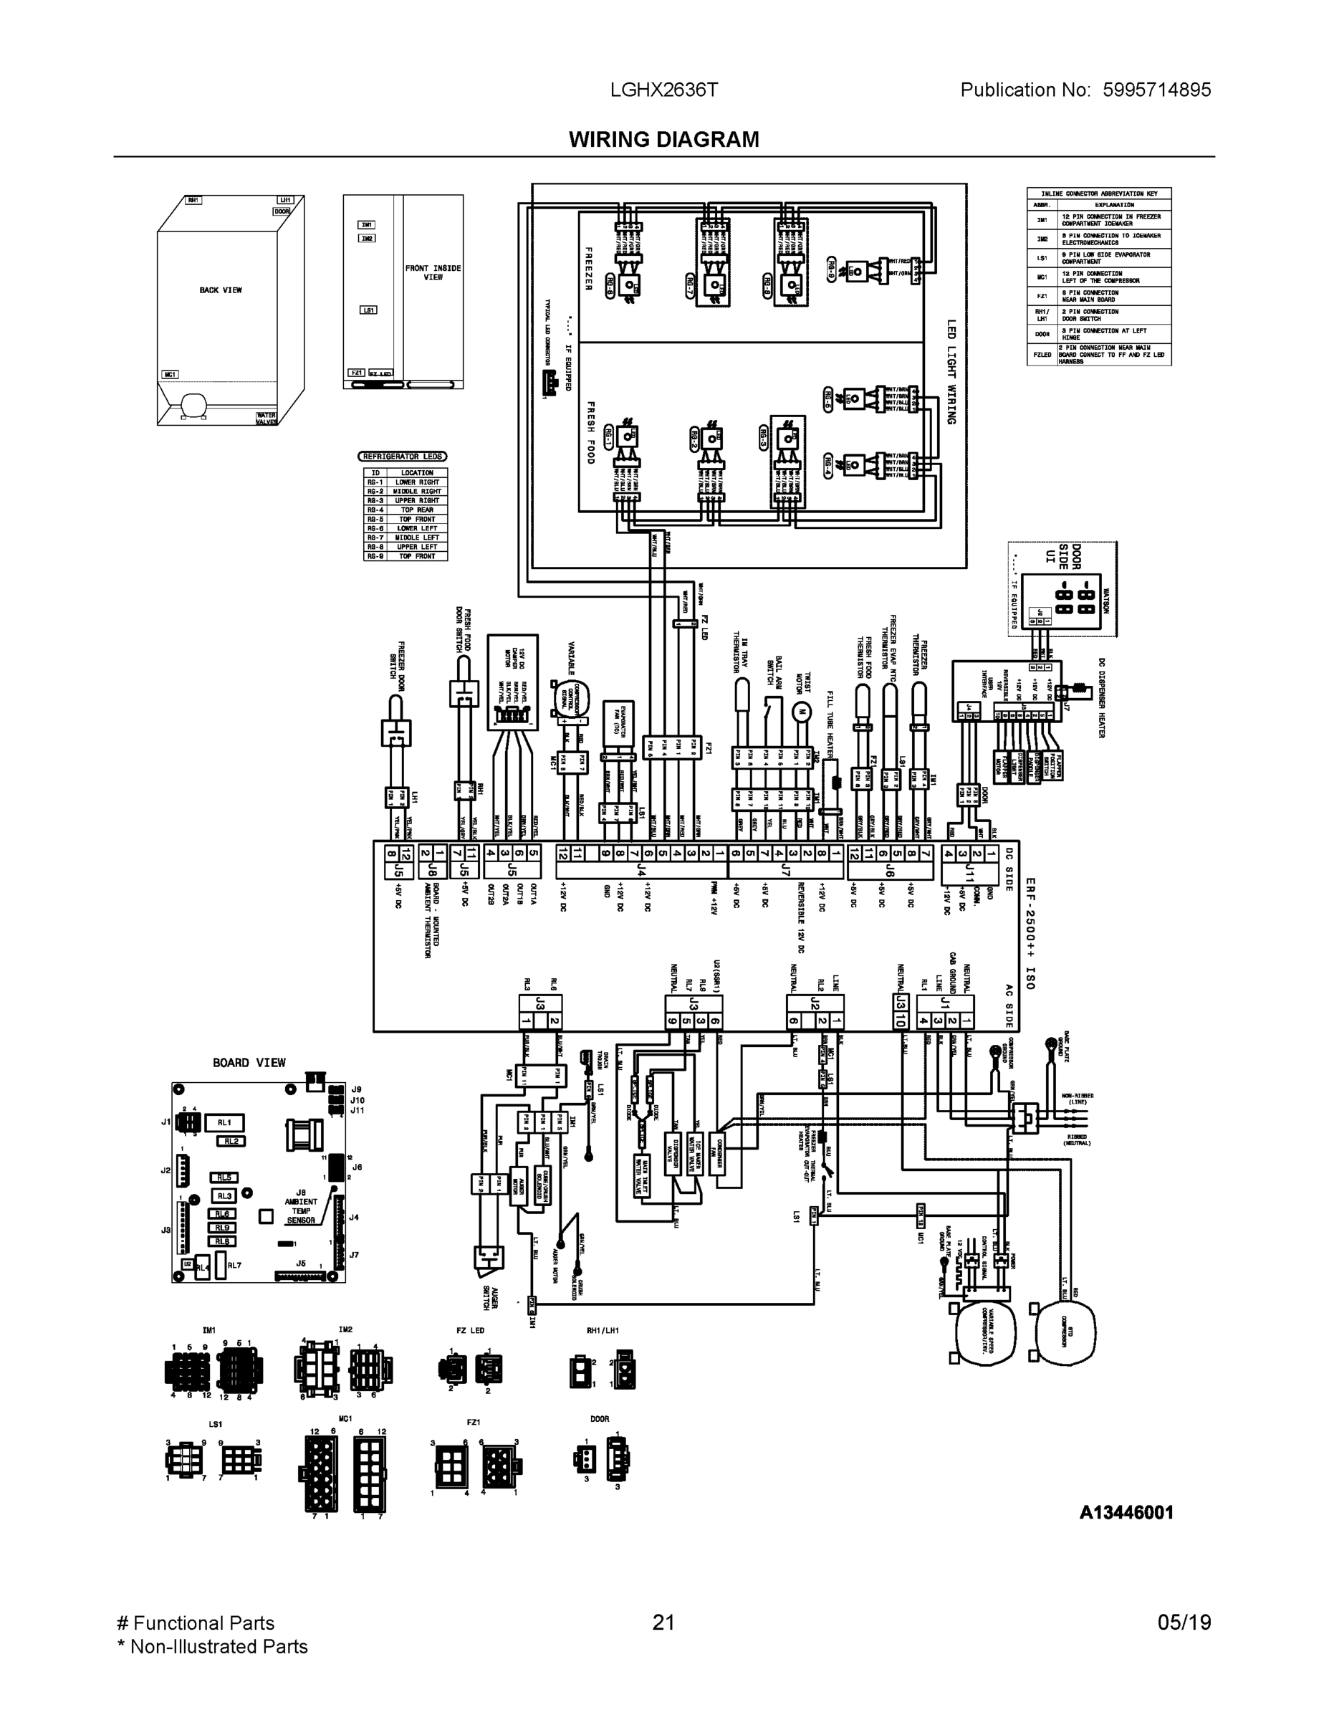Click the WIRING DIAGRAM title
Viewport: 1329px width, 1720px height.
(663, 140)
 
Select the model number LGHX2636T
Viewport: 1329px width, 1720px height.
(663, 90)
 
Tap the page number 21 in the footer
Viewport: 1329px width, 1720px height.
(663, 1623)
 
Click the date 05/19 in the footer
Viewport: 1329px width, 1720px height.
(1184, 1623)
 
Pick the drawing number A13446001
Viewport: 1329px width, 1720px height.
(1126, 1512)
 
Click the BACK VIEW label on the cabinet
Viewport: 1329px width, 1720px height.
(221, 290)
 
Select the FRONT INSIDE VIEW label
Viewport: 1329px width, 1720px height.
(433, 272)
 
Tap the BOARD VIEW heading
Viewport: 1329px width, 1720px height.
(249, 1062)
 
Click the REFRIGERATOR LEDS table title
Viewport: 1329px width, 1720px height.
(403, 456)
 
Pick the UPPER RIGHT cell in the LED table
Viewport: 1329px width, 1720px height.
(417, 501)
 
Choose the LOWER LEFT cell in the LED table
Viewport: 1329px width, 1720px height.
(417, 528)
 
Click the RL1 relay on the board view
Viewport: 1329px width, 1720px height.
(224, 1122)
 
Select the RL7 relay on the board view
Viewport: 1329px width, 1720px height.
(234, 1266)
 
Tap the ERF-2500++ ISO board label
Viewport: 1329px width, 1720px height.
(1030, 933)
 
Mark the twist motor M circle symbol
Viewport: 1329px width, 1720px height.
(802, 711)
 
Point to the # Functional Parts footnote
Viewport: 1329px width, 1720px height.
(196, 1623)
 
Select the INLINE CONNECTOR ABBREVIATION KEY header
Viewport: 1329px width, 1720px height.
(1098, 193)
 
